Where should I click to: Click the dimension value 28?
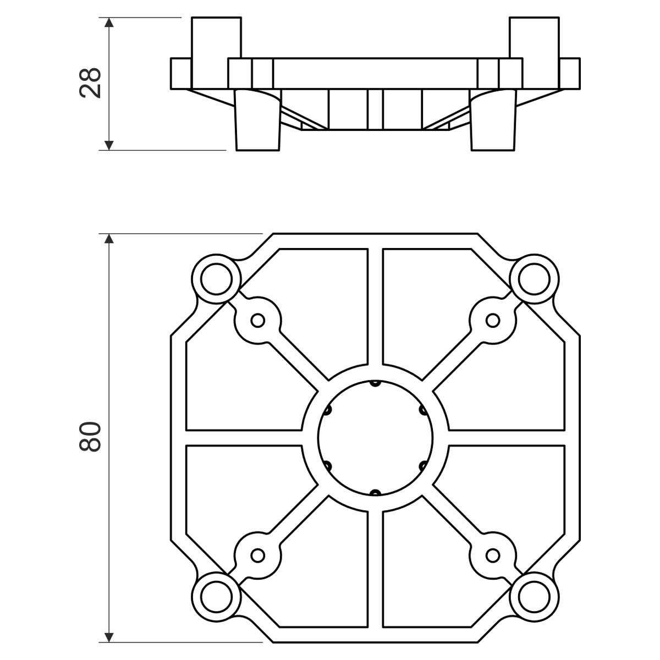pyautogui.click(x=90, y=82)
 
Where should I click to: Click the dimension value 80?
pyautogui.click(x=90, y=437)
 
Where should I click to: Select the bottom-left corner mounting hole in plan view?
pyautogui.click(x=215, y=595)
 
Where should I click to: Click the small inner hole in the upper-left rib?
pyautogui.click(x=257, y=320)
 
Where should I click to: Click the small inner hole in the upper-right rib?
pyautogui.click(x=493, y=320)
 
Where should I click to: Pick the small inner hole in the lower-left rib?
pyautogui.click(x=257, y=555)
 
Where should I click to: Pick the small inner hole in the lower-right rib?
pyautogui.click(x=493, y=555)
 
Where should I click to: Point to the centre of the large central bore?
pyautogui.click(x=375, y=437)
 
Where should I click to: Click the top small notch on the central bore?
pyautogui.click(x=375, y=382)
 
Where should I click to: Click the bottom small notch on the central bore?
pyautogui.click(x=375, y=492)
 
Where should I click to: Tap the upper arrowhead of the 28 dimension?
pyautogui.click(x=109, y=23)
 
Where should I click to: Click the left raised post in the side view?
pyautogui.click(x=216, y=37)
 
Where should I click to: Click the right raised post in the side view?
pyautogui.click(x=533, y=37)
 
